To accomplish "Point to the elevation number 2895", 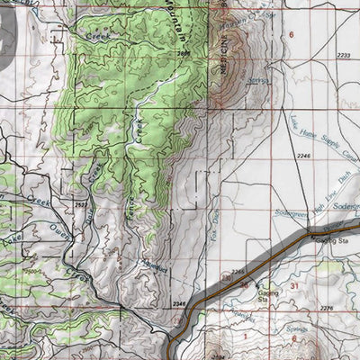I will pyautogui.click(x=184, y=56).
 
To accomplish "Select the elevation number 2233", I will pyautogui.click(x=342, y=56).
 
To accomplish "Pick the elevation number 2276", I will pyautogui.click(x=326, y=309).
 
